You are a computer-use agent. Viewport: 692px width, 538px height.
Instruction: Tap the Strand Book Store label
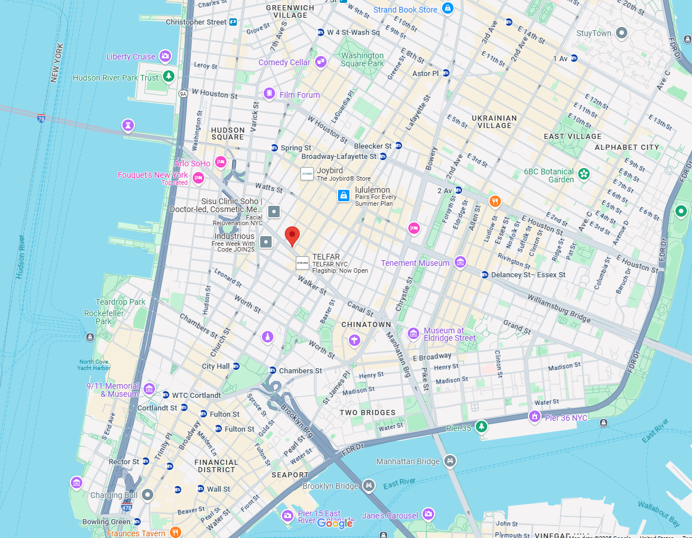pos(405,10)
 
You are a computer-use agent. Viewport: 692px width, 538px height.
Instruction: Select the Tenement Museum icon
pos(460,262)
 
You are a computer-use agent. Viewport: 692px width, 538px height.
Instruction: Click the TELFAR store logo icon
pos(302,263)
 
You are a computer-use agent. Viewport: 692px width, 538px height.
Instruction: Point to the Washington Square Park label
pos(363,59)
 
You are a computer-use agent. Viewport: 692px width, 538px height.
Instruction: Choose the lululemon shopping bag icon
pos(343,196)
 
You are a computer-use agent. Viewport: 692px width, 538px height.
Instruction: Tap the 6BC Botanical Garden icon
pos(583,173)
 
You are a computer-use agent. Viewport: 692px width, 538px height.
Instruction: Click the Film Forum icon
pos(269,93)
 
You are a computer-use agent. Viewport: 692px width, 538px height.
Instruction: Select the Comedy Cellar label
pos(284,62)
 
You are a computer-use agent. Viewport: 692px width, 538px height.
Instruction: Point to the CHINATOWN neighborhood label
pos(366,325)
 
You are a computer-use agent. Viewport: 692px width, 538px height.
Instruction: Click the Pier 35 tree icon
pos(482,427)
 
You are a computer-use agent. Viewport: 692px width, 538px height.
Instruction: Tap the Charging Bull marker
pos(148,495)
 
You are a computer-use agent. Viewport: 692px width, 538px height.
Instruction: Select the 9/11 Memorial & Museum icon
pos(149,389)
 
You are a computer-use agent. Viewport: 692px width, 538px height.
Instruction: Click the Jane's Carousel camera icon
pos(428,515)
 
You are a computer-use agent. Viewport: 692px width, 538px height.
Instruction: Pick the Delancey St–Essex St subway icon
pos(485,275)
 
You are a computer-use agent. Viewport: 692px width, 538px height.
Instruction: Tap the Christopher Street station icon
pos(233,22)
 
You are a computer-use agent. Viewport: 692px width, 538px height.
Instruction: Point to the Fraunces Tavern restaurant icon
pos(176,532)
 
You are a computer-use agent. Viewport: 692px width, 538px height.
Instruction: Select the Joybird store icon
pos(307,173)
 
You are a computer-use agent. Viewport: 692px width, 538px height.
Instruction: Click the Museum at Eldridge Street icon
pos(413,333)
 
